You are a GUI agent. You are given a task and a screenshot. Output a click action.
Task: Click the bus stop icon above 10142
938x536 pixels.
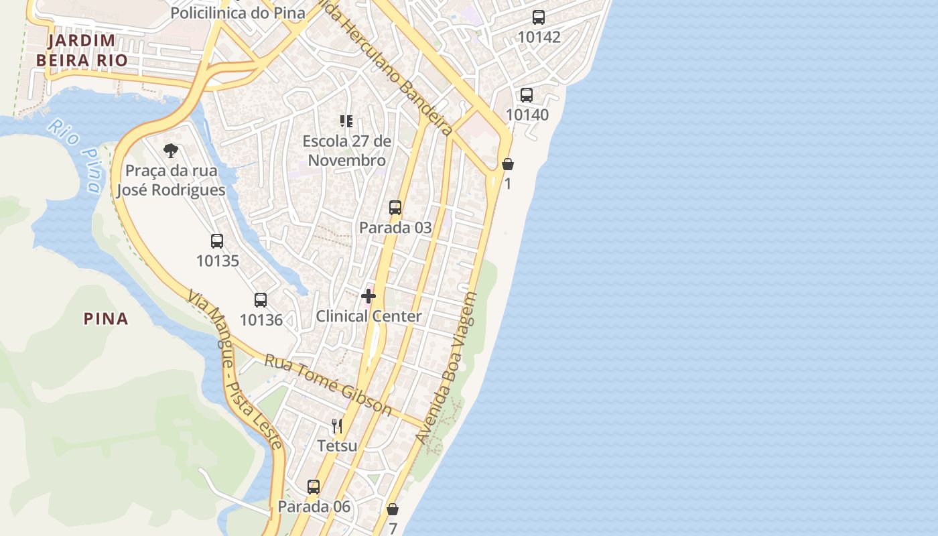point(539,17)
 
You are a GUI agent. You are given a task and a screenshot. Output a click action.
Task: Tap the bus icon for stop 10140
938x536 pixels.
point(527,95)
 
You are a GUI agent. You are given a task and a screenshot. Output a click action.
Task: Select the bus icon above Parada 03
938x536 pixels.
point(395,208)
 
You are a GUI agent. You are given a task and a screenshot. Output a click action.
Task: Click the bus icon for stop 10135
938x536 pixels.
point(217,241)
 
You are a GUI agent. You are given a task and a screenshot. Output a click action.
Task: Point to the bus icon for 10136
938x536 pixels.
point(261,300)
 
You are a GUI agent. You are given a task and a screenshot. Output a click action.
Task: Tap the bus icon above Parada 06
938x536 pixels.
point(314,487)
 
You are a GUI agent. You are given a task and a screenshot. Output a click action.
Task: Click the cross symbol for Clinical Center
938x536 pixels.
point(368,296)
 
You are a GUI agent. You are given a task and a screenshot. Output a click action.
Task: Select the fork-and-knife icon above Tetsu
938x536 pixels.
point(337,426)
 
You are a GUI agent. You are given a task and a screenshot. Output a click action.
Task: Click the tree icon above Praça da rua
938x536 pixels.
point(171,150)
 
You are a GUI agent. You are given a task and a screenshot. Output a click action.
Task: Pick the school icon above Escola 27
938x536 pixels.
point(346,121)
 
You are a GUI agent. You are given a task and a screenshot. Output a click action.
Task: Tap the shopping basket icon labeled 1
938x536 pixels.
point(508,164)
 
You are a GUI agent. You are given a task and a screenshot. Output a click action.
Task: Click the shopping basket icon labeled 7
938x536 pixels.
point(393,510)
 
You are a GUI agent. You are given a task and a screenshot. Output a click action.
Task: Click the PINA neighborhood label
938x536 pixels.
point(106,319)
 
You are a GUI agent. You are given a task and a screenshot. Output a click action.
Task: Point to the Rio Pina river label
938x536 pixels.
point(76,154)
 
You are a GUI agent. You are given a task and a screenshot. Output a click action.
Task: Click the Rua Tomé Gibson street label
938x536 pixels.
point(328,384)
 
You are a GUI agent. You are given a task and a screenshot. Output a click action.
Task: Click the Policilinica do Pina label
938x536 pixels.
point(238,13)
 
